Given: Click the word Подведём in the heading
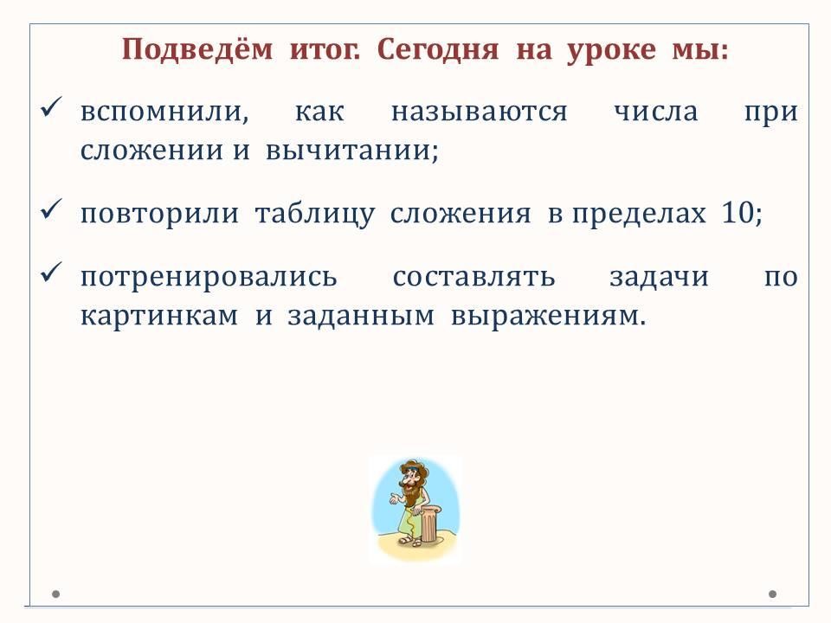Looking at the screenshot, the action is [197, 49].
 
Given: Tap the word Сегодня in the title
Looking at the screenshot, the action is [438, 50].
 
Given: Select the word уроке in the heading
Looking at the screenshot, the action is [611, 51].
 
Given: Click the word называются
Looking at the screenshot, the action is [479, 112].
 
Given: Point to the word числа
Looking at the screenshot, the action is [655, 112].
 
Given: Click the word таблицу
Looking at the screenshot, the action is [315, 214].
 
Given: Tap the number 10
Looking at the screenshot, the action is [738, 212].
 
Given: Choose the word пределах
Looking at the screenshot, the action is [639, 214].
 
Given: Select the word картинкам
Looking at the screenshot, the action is [159, 317].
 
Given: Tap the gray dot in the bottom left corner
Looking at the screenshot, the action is [55, 594].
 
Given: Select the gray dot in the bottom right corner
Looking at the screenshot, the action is [773, 594].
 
